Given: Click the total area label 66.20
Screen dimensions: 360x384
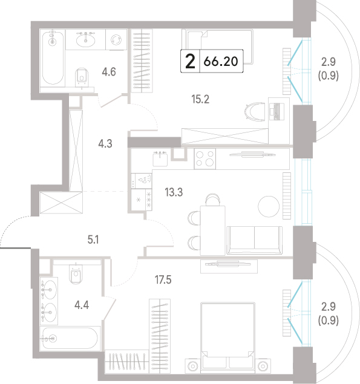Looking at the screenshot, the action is coord(221,61).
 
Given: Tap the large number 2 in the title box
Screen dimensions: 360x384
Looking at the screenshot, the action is coord(190,61).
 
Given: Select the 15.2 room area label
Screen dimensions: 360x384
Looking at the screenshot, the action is coord(200,99).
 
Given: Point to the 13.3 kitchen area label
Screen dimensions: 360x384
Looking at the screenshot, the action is coord(174,192).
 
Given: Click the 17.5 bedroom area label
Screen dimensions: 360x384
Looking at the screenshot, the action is coord(163,279).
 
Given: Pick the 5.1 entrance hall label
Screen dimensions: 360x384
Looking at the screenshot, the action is coord(93,239).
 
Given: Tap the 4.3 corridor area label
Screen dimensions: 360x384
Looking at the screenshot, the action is coord(105,144).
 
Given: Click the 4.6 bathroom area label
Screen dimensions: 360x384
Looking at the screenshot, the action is coord(109,72).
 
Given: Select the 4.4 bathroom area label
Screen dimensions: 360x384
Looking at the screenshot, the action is coord(82,305).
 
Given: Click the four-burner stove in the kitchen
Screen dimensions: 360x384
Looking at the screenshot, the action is coord(205,158).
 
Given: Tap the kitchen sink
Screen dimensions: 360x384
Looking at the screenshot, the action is coord(160,158).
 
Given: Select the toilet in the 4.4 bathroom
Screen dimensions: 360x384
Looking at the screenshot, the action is coord(76,274).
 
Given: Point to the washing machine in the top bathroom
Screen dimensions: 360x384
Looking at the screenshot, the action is coord(116,40).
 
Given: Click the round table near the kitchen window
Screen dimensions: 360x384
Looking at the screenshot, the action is coord(269,206).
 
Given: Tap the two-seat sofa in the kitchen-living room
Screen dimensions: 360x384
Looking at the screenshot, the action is coord(254,240).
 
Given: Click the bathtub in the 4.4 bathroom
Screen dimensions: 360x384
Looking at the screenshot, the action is coord(70,339).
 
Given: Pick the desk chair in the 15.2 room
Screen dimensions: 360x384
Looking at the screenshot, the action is coord(255,112).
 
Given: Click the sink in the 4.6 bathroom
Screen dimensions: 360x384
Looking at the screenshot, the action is coord(85,40).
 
